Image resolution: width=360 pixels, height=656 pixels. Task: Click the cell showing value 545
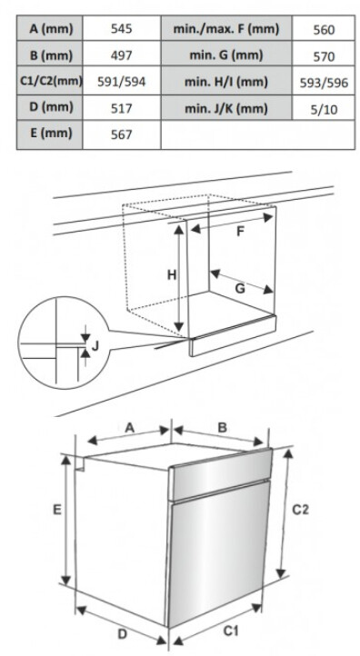click(122, 29)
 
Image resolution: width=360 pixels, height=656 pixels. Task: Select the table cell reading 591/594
click(122, 82)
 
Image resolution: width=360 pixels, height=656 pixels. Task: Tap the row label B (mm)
click(51, 55)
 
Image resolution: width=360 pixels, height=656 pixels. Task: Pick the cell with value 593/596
click(324, 83)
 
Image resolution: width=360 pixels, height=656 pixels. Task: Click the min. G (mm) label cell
click(226, 55)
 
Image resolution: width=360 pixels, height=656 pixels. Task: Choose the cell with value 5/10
click(324, 109)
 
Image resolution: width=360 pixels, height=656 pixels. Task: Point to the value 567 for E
click(122, 134)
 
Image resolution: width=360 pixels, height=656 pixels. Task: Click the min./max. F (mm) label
click(226, 29)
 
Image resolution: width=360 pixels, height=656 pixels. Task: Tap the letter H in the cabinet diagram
click(172, 275)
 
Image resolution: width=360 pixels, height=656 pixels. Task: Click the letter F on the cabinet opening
click(240, 232)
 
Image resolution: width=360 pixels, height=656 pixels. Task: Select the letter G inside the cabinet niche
click(240, 289)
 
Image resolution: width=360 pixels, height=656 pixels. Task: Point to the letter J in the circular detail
click(95, 346)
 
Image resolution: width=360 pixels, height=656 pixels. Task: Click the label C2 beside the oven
click(300, 510)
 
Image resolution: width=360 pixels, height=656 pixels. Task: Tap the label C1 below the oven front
click(231, 631)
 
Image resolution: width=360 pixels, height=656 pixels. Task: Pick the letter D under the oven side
click(122, 634)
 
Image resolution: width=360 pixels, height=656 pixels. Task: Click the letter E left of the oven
click(57, 510)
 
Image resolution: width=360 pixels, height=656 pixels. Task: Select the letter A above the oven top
click(130, 427)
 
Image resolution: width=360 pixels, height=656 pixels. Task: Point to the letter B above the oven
click(223, 427)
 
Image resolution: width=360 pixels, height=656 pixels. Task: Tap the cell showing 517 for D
click(122, 108)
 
